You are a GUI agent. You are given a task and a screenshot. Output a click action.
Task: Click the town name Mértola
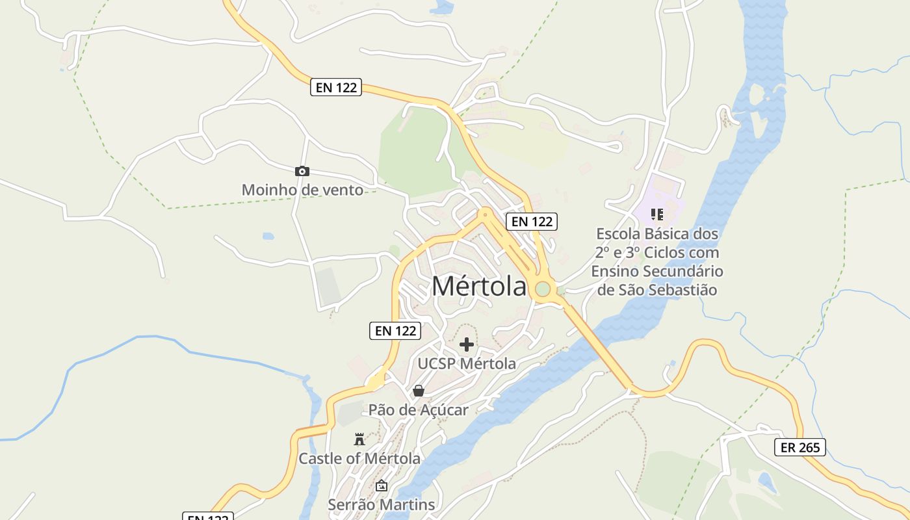point(479,287)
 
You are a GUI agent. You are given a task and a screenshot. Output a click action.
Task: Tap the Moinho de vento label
point(302,190)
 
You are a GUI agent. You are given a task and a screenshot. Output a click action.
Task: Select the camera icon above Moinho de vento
point(302,171)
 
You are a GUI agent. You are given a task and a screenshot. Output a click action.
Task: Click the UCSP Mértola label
point(467,363)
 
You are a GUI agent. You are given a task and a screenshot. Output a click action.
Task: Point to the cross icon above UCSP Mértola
point(467,344)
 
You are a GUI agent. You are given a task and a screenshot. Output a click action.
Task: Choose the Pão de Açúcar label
point(419,410)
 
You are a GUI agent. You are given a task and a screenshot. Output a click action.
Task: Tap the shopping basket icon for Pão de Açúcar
point(419,391)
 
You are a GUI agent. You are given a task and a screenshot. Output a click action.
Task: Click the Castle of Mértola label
point(359,458)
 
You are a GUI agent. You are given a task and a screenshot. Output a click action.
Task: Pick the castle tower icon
point(359,439)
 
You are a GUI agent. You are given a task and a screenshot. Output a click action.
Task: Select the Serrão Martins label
point(381,504)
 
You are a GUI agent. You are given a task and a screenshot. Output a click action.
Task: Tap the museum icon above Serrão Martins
point(382,486)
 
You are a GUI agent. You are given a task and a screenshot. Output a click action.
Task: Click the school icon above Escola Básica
point(656,214)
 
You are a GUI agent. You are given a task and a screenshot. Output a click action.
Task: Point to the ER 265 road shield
point(800,447)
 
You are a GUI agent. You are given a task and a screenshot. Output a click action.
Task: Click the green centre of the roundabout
point(543,289)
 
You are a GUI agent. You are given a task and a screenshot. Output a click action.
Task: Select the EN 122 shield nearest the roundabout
point(532,222)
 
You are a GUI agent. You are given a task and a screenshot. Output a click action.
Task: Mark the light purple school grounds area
point(669,195)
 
